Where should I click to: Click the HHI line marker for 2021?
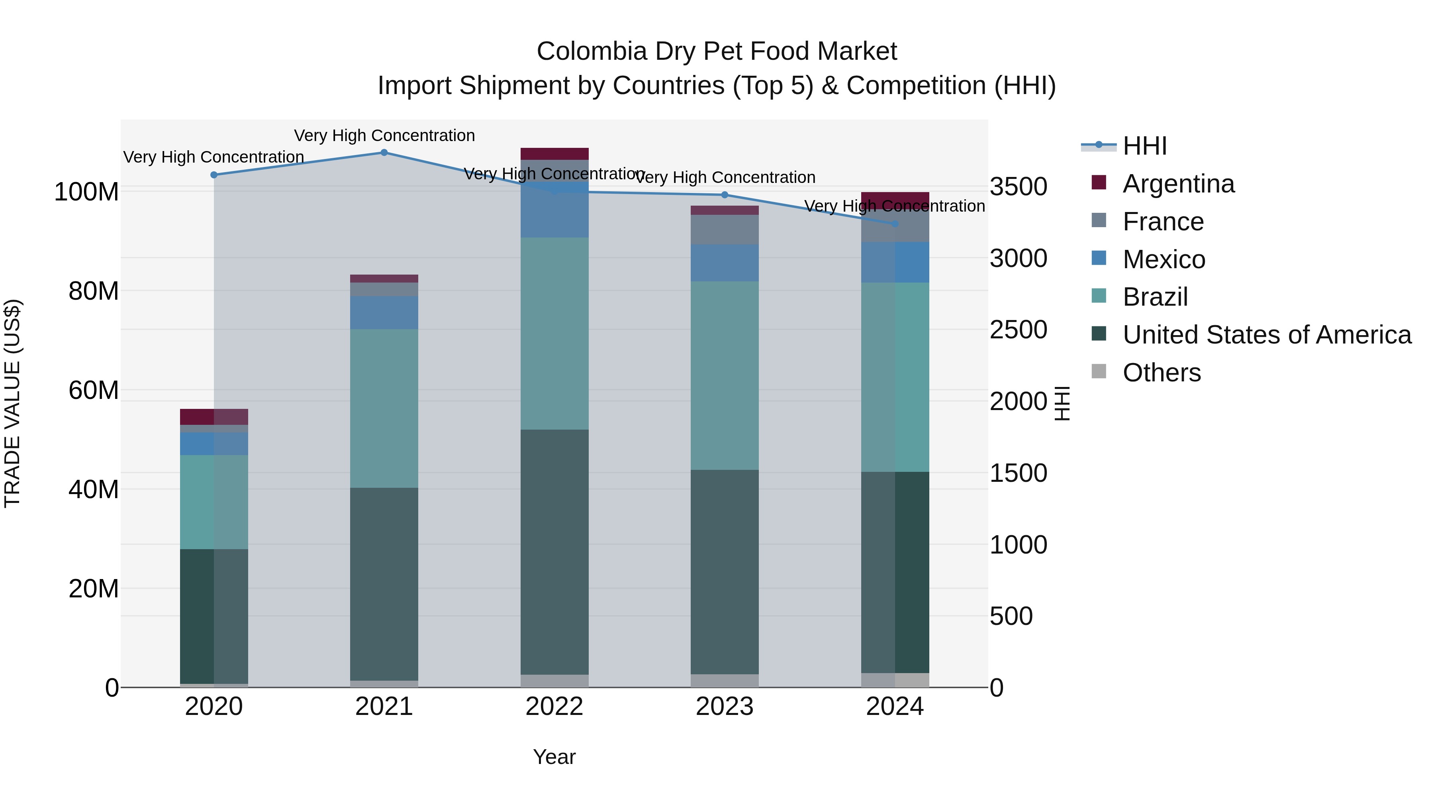point(384,153)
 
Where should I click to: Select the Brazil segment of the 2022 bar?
point(554,333)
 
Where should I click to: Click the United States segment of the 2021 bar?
point(384,584)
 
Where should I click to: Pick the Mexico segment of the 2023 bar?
point(724,263)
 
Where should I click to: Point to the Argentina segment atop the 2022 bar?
point(554,154)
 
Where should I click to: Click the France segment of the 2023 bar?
point(724,230)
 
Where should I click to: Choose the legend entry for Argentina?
point(1178,184)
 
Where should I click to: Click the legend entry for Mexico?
point(1164,259)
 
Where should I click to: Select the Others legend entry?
point(1161,373)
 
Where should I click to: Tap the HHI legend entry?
point(1144,146)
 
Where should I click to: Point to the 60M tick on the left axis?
point(94,390)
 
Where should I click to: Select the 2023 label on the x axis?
point(724,707)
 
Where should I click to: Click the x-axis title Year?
point(554,757)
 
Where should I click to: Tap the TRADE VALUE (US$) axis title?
point(12,403)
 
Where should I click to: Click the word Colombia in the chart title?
point(591,52)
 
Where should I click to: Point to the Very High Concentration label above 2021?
point(384,135)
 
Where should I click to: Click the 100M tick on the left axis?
point(86,192)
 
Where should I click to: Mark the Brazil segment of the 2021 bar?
point(384,408)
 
